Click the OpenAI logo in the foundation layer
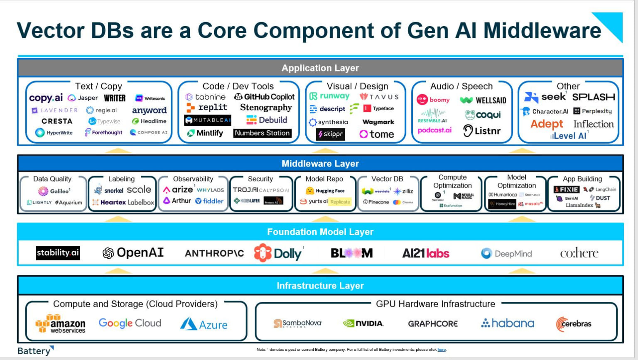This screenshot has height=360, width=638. [133, 253]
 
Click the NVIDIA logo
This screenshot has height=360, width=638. [363, 323]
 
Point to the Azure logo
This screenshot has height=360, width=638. [204, 324]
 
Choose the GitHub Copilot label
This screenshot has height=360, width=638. [265, 97]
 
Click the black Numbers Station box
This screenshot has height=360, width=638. [262, 133]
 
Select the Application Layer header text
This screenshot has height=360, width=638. [320, 68]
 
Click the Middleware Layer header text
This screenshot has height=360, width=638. [320, 164]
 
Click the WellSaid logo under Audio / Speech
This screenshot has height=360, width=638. [483, 100]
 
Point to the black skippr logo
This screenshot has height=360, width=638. [331, 134]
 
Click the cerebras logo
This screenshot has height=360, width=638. [574, 324]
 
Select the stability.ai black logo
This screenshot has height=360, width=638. [57, 253]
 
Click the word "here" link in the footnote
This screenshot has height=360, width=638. [442, 350]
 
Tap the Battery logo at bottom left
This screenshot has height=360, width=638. [35, 350]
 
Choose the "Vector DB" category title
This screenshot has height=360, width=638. [387, 179]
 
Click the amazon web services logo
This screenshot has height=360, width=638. [61, 324]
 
